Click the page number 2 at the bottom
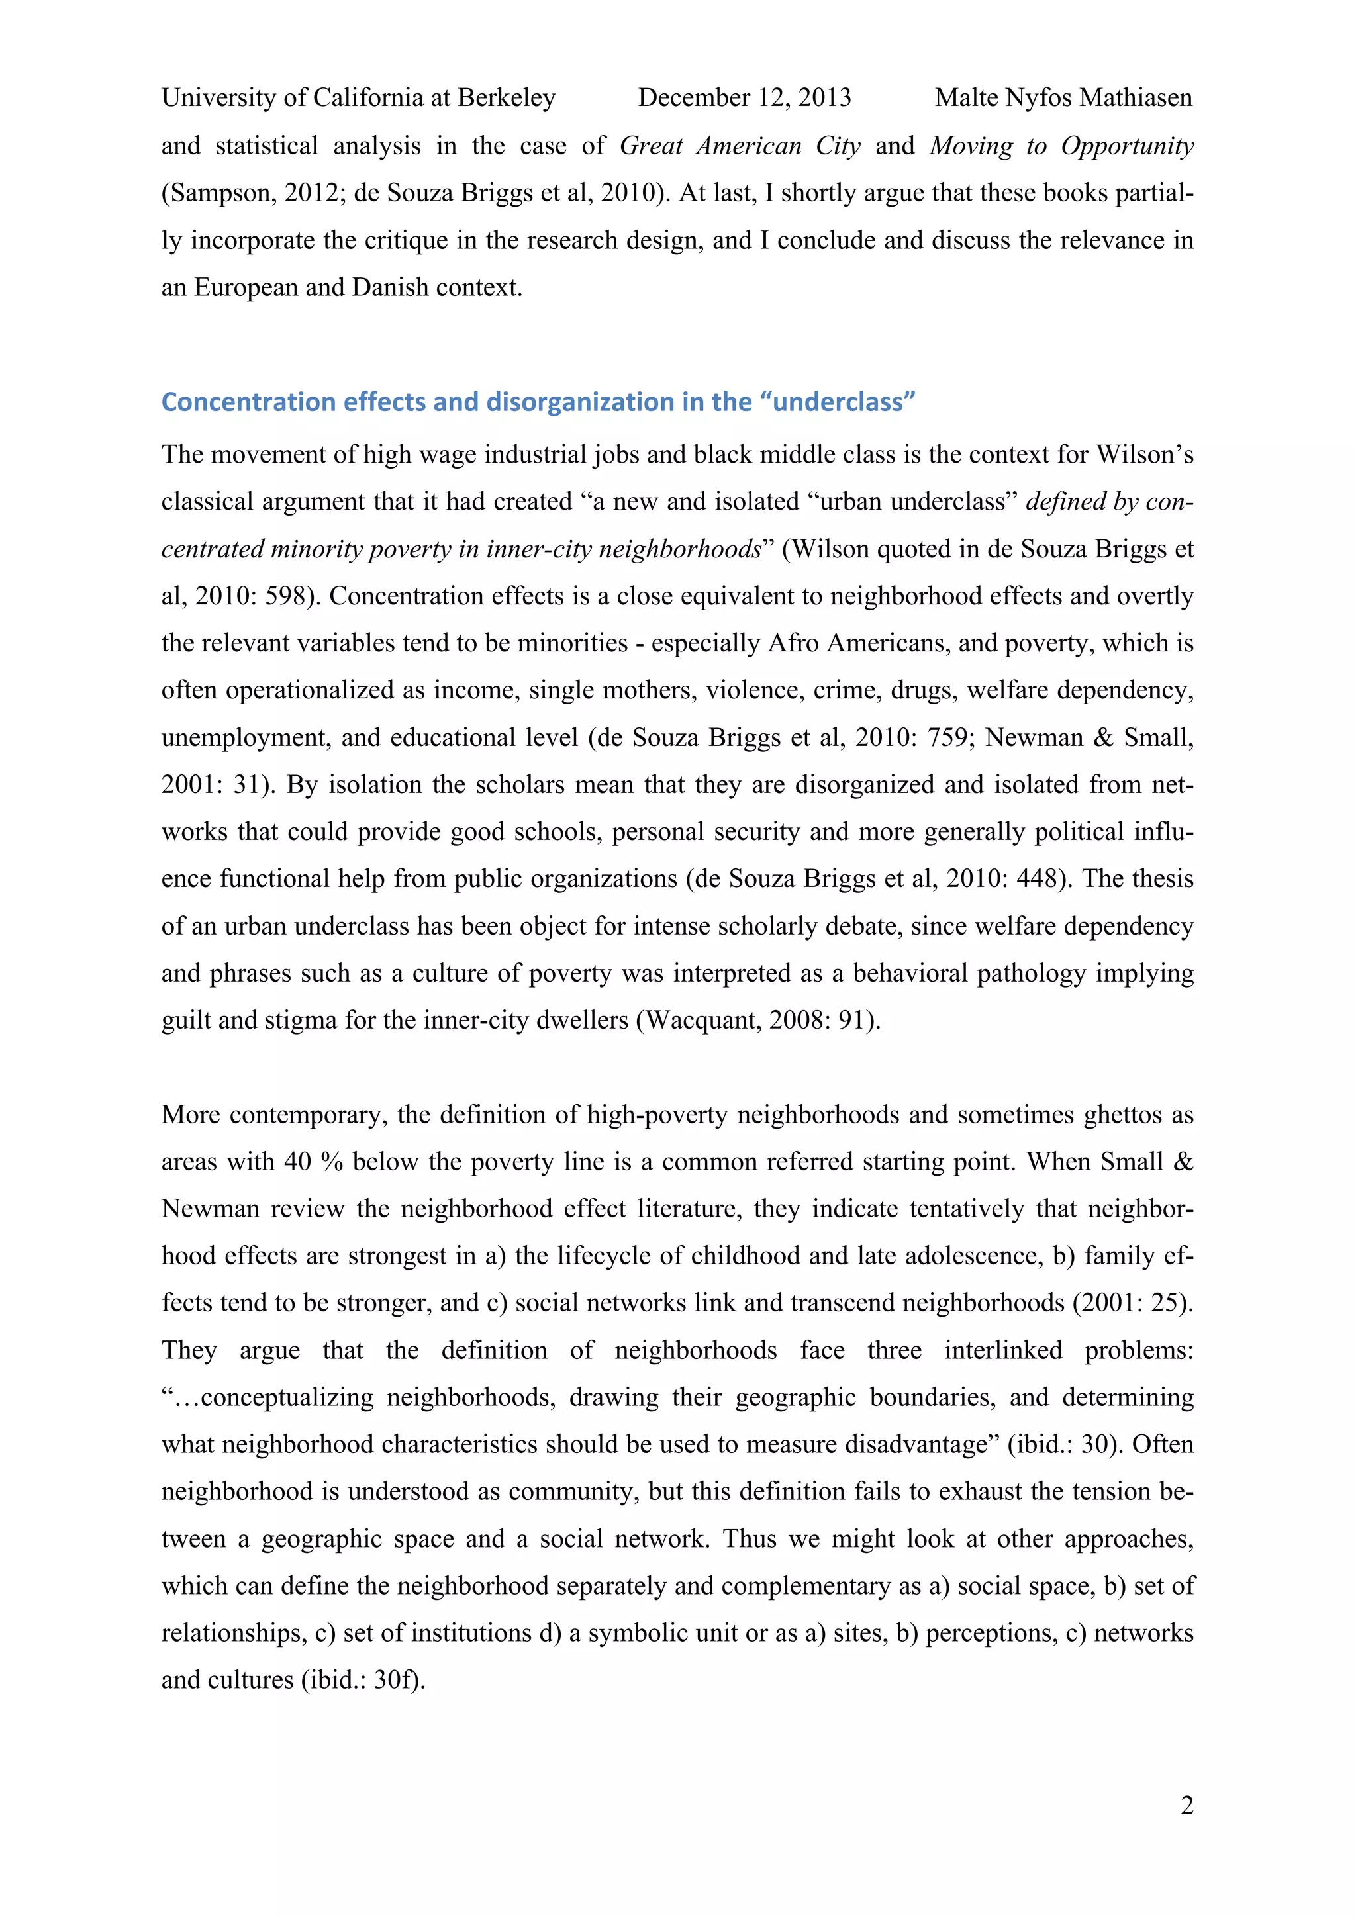(x=1186, y=1805)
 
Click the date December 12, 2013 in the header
(x=744, y=98)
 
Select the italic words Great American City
(x=740, y=146)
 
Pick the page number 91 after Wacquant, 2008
(x=851, y=1020)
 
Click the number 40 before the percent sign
(x=297, y=1162)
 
